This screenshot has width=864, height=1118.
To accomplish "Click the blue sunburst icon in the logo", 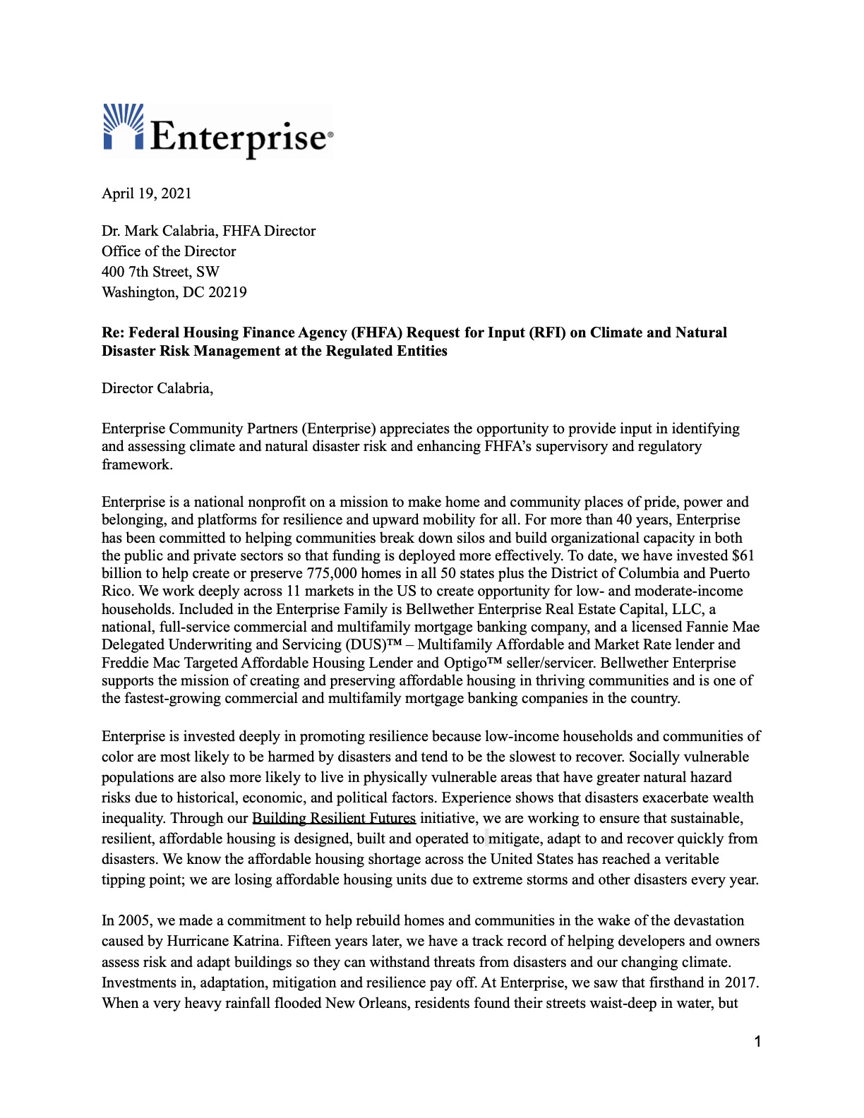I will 124,127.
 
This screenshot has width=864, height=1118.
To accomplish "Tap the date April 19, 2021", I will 147,193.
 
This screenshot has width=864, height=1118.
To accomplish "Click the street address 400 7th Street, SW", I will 160,272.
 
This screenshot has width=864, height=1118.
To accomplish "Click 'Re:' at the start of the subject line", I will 113,332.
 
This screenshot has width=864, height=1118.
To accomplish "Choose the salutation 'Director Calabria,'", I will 157,388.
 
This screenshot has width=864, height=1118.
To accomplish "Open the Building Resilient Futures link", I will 334,818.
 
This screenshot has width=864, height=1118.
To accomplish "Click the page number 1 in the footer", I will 757,1042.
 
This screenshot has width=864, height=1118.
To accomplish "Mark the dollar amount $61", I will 743,555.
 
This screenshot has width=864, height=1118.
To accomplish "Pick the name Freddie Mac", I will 140,663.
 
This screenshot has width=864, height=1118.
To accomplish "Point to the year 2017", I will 741,982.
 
